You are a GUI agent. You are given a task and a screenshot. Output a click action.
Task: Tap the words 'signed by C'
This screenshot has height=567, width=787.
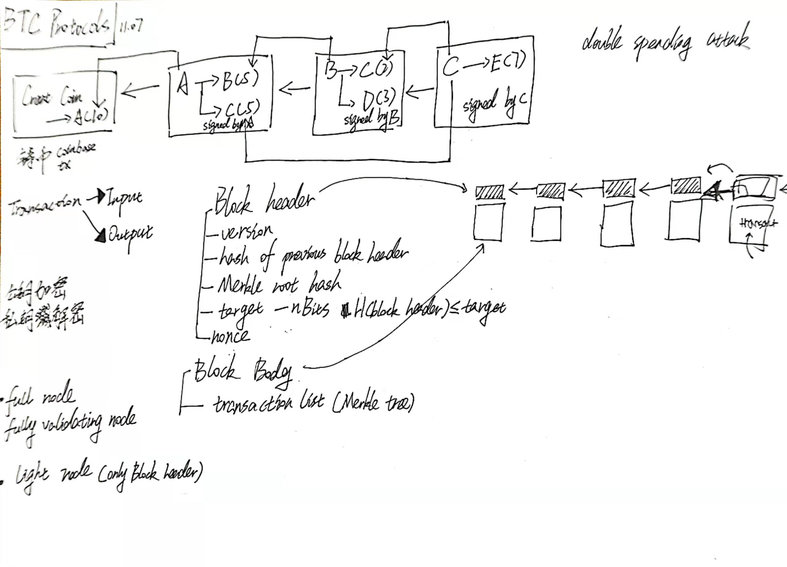click(x=494, y=104)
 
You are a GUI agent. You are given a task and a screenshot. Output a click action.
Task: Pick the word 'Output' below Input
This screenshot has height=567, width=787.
click(x=130, y=234)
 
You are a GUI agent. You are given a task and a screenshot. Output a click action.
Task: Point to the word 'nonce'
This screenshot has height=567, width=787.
click(x=231, y=336)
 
